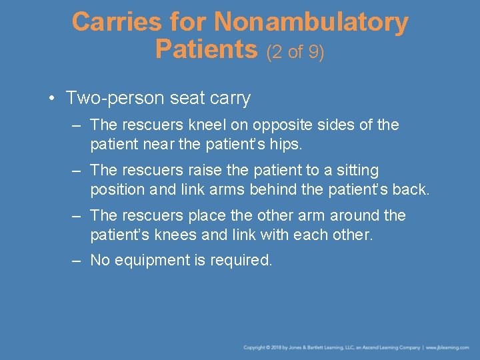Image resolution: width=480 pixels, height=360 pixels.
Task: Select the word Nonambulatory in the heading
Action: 311,23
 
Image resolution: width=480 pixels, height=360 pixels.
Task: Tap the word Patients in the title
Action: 206,49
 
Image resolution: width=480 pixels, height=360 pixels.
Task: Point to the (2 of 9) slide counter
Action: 295,51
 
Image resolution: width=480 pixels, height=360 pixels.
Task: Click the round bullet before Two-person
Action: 51,99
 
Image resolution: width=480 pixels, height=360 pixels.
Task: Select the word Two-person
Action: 111,99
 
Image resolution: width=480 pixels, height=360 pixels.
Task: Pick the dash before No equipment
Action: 77,261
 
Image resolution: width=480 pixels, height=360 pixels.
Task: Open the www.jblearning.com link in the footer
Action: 448,347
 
